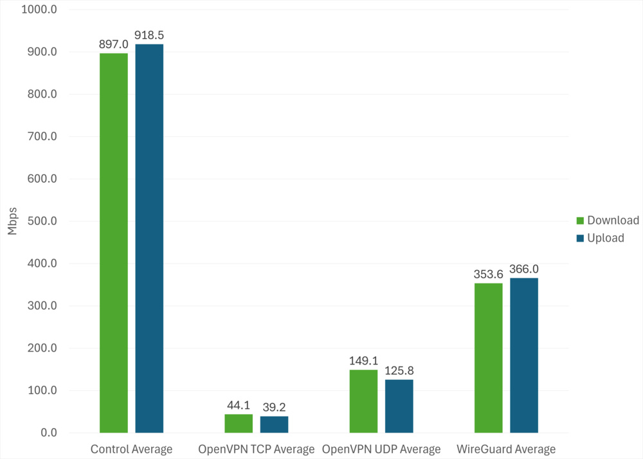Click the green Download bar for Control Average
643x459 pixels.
pos(114,243)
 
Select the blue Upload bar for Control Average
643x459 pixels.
pos(149,239)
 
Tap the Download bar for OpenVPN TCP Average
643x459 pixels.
pos(239,424)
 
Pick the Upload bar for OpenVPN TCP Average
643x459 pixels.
pos(274,424)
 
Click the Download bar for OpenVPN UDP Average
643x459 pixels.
pos(363,401)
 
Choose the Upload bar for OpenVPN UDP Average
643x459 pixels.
pos(399,406)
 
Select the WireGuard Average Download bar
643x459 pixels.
pos(488,358)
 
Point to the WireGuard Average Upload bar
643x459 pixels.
pos(524,355)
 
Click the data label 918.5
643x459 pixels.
pos(149,35)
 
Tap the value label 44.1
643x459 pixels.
pos(239,406)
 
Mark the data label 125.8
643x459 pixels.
pos(399,371)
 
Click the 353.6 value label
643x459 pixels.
pos(488,274)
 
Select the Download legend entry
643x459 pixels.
pos(608,221)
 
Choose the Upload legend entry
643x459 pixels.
pos(601,238)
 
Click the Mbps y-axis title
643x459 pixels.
pos(13,221)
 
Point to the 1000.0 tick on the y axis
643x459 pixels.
pos(40,10)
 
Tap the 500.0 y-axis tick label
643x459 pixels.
pos(42,221)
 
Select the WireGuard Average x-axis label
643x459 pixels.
pos(506,449)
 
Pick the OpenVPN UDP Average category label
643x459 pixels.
pos(381,449)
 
